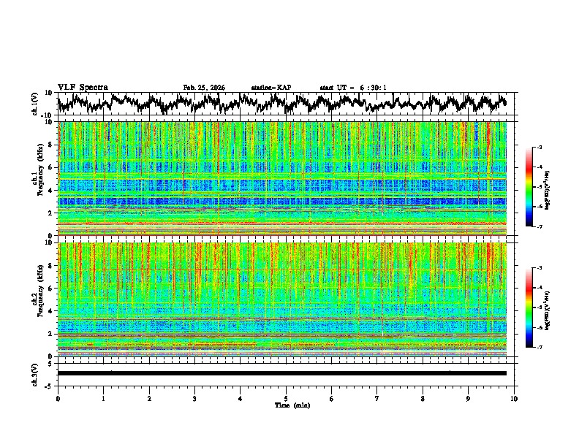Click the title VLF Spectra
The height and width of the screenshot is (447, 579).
click(83, 87)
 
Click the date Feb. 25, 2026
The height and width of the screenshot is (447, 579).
click(204, 88)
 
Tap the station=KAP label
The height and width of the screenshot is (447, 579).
click(270, 88)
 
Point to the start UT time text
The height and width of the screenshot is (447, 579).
click(352, 88)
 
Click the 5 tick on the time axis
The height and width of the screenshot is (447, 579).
click(286, 398)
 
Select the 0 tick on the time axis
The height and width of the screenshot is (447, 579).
click(58, 398)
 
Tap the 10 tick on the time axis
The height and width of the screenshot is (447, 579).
click(514, 398)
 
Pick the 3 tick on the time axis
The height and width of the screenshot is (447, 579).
click(194, 398)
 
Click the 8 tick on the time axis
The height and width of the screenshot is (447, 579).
click(423, 398)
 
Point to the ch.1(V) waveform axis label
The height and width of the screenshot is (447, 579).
click(35, 104)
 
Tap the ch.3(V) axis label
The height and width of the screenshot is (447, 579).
click(35, 372)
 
